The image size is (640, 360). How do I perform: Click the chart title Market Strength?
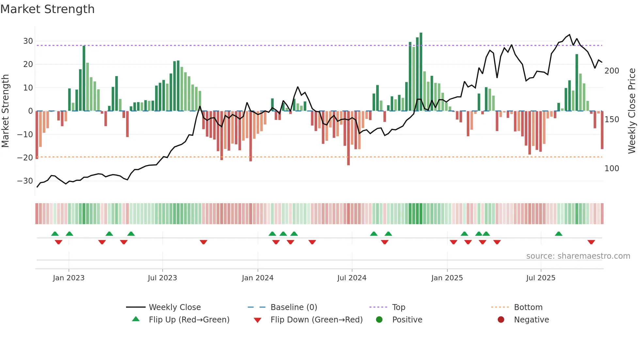coord(47,9)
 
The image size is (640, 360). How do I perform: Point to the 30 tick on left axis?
coord(28,41)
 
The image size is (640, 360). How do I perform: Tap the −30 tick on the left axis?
coord(25,181)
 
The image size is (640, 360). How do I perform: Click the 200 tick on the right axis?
coord(612,71)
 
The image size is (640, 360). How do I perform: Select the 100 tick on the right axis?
coord(612,169)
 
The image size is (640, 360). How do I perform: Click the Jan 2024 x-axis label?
coord(257,278)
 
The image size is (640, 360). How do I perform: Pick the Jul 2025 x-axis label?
coord(540,278)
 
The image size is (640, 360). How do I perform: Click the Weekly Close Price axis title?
coord(632,111)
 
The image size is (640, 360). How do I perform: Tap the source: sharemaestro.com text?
coord(578,256)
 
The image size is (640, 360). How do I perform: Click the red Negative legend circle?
coord(501,319)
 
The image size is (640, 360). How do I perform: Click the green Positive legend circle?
coord(379,319)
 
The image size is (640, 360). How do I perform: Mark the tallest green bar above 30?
coord(421,72)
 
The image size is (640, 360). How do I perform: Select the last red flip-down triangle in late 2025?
coord(591,242)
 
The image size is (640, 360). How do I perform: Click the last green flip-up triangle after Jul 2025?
coord(558,234)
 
